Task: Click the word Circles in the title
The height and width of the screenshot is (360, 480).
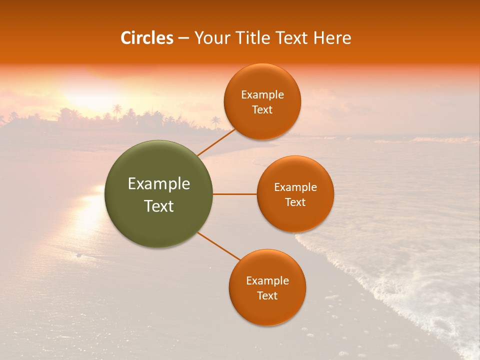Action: point(147,38)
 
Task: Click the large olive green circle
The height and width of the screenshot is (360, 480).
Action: point(158,194)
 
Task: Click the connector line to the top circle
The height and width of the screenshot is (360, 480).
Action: point(216,142)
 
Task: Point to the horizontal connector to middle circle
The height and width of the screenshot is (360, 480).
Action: point(235,194)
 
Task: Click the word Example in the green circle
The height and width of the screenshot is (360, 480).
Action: point(159,184)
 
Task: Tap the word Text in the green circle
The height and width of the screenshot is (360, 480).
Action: point(159,206)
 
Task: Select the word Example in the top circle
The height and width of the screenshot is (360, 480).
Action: point(262,95)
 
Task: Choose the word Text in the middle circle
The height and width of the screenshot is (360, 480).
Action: point(295,202)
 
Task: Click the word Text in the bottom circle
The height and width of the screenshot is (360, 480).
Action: point(267,296)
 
